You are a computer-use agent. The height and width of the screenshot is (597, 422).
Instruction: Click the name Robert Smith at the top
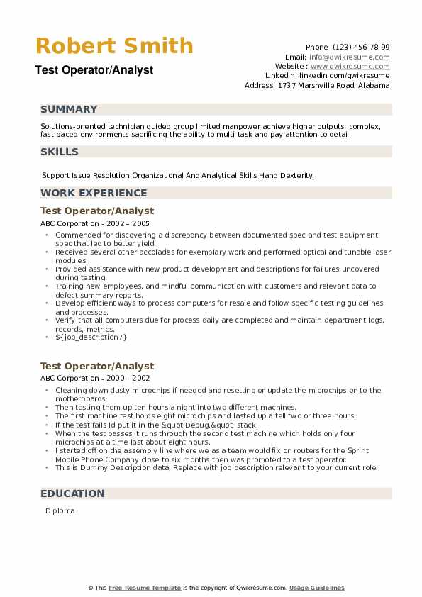(114, 46)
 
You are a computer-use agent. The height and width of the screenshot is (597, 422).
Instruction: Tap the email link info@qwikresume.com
(349, 57)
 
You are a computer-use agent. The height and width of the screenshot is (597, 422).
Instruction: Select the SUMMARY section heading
(69, 109)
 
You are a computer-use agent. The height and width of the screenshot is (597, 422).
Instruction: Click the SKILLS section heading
(60, 152)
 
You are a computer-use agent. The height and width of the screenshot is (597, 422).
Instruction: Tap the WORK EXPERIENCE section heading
(94, 193)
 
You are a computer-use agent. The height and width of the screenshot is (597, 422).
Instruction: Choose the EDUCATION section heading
(72, 493)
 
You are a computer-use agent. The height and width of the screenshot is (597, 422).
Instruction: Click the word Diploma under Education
(60, 510)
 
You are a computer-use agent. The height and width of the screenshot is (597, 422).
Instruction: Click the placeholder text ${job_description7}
(91, 337)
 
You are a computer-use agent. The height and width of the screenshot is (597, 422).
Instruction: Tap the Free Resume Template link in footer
(145, 588)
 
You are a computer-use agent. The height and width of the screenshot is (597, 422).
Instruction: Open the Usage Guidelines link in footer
(316, 588)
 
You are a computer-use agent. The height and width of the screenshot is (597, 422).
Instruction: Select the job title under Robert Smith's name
(93, 70)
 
